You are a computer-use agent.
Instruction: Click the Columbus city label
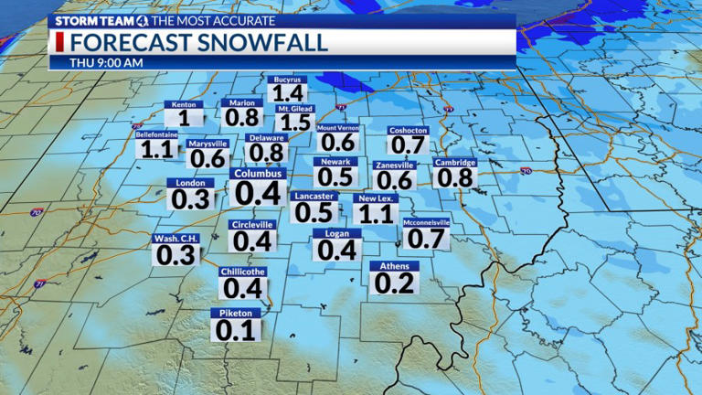pyautogui.click(x=258, y=173)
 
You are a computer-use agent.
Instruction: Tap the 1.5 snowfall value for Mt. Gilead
pyautogui.click(x=294, y=123)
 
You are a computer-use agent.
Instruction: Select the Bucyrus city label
pyautogui.click(x=288, y=80)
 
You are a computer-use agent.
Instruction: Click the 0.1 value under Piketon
pyautogui.click(x=235, y=330)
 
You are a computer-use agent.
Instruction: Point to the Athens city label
pyautogui.click(x=395, y=266)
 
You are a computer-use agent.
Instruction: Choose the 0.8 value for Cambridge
pyautogui.click(x=454, y=176)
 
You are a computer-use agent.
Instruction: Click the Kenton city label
pyautogui.click(x=184, y=105)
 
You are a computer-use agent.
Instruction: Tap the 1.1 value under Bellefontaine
pyautogui.click(x=155, y=149)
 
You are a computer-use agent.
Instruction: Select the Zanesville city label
pyautogui.click(x=395, y=165)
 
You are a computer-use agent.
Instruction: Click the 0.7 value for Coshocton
pyautogui.click(x=408, y=144)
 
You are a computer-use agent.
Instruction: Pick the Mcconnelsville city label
pyautogui.click(x=426, y=222)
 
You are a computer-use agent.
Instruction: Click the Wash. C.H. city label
pyautogui.click(x=174, y=239)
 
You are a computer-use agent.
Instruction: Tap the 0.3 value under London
pyautogui.click(x=190, y=198)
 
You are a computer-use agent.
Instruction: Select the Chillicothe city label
pyautogui.click(x=243, y=272)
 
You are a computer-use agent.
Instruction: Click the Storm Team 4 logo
pyautogui.click(x=96, y=19)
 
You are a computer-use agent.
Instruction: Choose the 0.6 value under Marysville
pyautogui.click(x=207, y=158)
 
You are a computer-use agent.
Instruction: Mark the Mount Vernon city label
pyautogui.click(x=337, y=129)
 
